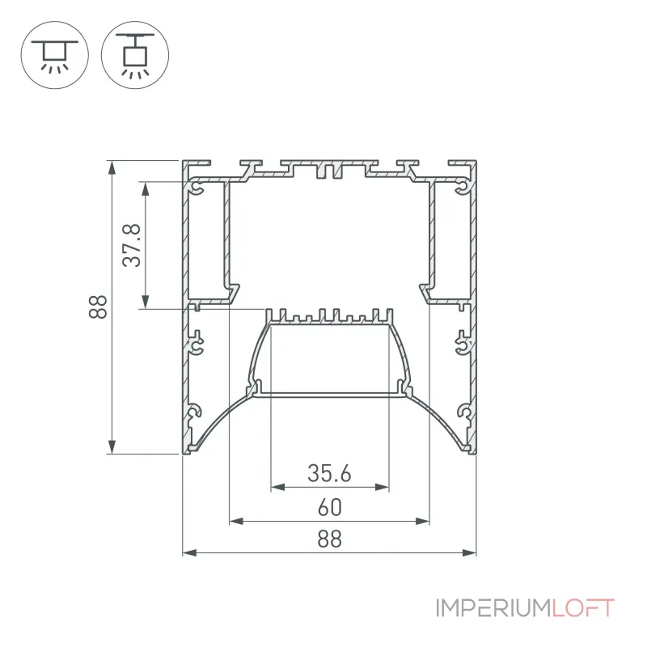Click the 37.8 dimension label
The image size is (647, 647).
coord(132,245)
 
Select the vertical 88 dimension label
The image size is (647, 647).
coord(98,307)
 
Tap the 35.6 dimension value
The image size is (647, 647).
coord(329,473)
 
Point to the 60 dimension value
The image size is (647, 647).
coord(330,508)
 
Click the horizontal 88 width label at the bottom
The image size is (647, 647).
coord(330,539)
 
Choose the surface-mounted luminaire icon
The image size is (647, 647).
coord(54,55)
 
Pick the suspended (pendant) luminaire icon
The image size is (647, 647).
coord(135,55)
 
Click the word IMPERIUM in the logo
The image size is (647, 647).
coord(493,608)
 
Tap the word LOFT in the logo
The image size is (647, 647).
coord(583,608)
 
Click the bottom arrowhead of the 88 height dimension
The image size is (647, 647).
coord(112,447)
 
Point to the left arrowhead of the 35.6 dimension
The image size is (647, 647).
coord(277,488)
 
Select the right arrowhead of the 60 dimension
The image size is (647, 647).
coord(423,521)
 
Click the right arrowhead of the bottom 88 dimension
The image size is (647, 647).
coord(470,552)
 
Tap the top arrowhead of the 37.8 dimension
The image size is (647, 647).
coord(145,188)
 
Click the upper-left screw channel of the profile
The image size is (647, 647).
coord(197,188)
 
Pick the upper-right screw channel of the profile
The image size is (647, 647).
coord(463,188)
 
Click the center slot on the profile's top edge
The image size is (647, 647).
coord(329,171)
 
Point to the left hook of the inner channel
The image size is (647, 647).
coord(232,292)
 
